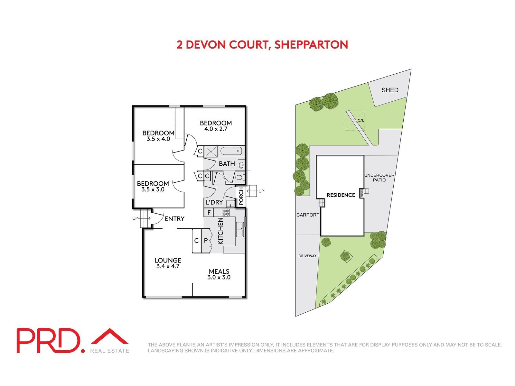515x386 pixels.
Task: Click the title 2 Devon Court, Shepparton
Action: (x=262, y=45)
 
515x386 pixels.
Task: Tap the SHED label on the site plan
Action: (x=390, y=90)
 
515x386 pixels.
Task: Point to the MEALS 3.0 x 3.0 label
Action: (x=219, y=274)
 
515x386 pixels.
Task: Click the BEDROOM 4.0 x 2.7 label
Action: (x=216, y=126)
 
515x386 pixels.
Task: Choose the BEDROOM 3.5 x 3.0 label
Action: (x=153, y=187)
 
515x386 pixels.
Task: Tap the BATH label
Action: (x=227, y=164)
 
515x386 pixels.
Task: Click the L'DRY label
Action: (x=214, y=202)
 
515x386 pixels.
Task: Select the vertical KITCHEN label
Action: (x=221, y=231)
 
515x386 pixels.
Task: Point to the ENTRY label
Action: (x=174, y=219)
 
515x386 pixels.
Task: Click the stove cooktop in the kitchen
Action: (x=226, y=212)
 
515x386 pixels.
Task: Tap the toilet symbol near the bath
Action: (x=239, y=177)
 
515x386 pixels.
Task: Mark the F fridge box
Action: (x=209, y=212)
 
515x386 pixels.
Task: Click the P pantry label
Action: (x=206, y=241)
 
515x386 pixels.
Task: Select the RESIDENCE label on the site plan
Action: (x=341, y=195)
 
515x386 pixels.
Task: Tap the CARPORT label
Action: (x=308, y=215)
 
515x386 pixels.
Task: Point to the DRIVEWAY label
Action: (x=307, y=256)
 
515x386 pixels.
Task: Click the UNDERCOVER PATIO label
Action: (x=379, y=178)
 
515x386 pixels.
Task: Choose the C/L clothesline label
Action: (x=361, y=120)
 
